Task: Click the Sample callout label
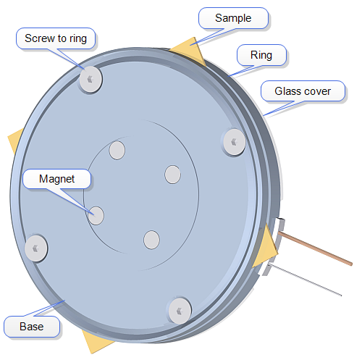coord(233,18)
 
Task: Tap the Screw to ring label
coord(56,38)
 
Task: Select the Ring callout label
coord(261,55)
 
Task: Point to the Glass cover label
coord(303,91)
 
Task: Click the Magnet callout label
coord(56,179)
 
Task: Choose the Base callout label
coord(32,327)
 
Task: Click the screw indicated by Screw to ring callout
coord(90,79)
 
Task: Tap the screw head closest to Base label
coord(36,248)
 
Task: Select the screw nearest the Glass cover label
coord(234,142)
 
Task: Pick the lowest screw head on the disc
coord(180,311)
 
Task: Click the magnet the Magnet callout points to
coord(96,216)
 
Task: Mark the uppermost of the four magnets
coord(117,150)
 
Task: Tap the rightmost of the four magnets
coord(172,175)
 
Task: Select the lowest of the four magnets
coord(151,240)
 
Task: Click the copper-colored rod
coord(315,248)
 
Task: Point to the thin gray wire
coord(305,280)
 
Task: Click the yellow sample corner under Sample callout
coord(190,50)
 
